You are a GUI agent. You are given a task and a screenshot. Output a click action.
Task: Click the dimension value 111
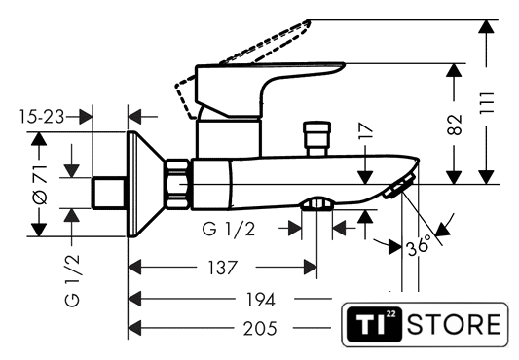[x=487, y=103]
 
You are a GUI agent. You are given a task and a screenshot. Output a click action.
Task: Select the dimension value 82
[x=454, y=125]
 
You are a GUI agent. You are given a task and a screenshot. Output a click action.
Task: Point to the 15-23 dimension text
[x=41, y=117]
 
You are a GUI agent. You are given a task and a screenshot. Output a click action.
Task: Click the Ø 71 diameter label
[x=40, y=184]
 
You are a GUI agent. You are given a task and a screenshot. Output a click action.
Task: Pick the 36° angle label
[x=420, y=245]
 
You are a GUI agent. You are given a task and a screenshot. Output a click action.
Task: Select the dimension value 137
[x=222, y=268]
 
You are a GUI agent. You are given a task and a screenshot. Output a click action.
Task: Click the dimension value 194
[x=261, y=300]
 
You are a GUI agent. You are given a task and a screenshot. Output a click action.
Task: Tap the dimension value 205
[x=260, y=329]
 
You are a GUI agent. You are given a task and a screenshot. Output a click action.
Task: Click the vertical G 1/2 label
[x=72, y=281]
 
